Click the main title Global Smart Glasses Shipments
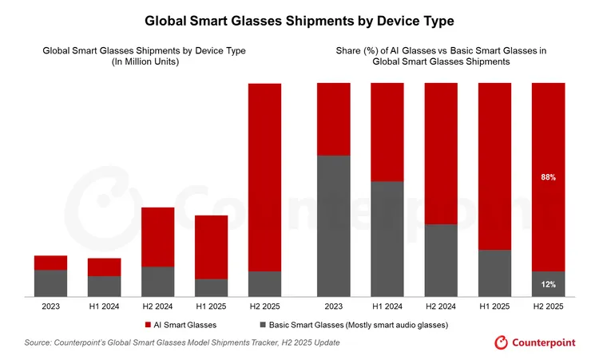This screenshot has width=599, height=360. tap(299, 18)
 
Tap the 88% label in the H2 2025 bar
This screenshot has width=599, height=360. tap(548, 177)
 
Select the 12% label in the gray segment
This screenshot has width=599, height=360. tap(548, 284)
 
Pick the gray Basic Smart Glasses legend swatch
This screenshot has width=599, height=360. tap(263, 325)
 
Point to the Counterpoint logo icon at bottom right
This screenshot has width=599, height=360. tap(502, 342)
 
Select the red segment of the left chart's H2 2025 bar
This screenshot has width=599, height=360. tap(265, 177)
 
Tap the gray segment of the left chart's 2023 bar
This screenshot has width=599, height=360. tap(50, 283)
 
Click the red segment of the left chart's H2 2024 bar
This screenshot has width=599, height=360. tap(158, 237)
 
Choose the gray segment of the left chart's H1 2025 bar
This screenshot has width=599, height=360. tap(212, 287)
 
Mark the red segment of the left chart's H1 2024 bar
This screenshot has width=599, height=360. tap(104, 267)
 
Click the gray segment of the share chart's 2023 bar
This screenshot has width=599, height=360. tap(334, 226)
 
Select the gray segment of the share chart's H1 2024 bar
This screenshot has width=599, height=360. tap(387, 239)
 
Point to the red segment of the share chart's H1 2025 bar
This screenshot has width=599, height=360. tap(494, 166)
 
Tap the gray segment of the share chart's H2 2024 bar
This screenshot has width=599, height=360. tap(441, 260)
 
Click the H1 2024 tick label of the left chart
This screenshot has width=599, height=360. tap(104, 305)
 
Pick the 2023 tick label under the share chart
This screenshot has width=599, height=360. tap(334, 305)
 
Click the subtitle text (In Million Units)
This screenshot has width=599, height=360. tap(144, 62)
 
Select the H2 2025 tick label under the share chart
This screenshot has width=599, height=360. tap(548, 305)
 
